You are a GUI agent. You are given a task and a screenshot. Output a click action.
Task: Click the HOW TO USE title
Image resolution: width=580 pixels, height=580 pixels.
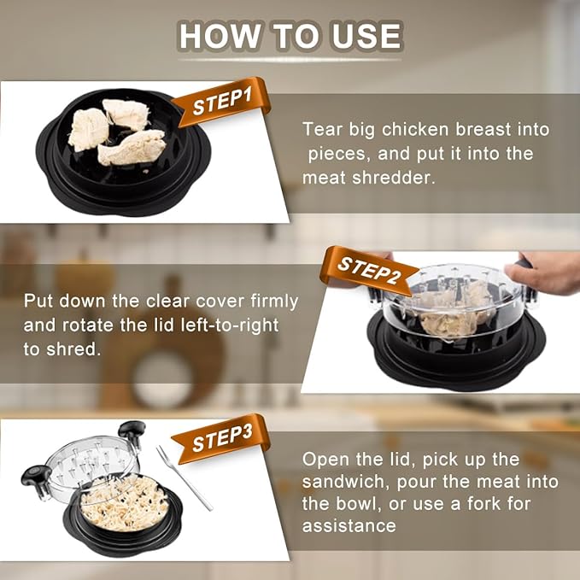pos(290,36)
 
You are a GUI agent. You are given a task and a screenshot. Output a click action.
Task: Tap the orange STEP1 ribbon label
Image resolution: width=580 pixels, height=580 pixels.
pos(222,102)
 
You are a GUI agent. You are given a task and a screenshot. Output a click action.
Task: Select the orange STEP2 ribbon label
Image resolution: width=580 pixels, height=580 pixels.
pos(367,271)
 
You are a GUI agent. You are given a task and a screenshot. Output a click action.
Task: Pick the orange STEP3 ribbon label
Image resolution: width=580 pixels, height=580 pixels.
pos(222,439)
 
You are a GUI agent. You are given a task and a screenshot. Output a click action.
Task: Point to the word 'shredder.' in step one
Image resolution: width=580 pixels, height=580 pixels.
pos(393,178)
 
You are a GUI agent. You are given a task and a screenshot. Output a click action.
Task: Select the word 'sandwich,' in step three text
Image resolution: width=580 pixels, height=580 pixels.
pos(345,482)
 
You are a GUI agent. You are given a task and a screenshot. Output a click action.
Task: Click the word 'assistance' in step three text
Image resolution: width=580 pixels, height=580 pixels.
pos(349,525)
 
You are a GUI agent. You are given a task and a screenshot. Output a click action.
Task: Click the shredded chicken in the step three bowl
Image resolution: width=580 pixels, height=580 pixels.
pos(125,502)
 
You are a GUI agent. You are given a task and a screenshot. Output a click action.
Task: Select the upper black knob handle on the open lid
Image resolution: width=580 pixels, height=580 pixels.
pos(132,434)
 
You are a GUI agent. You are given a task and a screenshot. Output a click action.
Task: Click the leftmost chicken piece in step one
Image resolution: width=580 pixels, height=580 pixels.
pos(88,130)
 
